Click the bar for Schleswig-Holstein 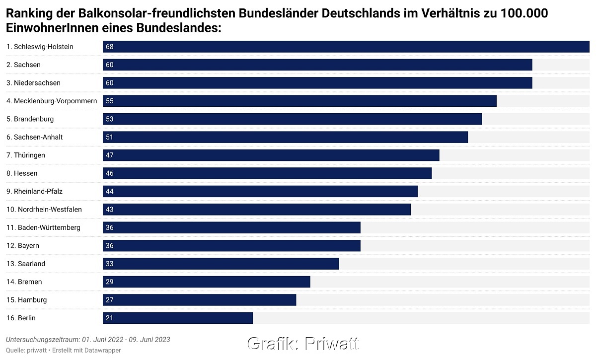[x=346, y=47]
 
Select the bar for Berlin [x=178, y=318]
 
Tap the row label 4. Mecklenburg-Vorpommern [x=52, y=101]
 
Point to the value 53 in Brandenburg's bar [x=110, y=119]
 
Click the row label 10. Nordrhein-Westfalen [x=44, y=210]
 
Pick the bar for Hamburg [x=199, y=300]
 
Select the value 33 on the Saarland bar [x=110, y=264]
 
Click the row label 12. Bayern [x=23, y=246]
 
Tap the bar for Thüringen [x=271, y=155]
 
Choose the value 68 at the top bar [x=110, y=47]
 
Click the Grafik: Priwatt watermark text [x=303, y=343]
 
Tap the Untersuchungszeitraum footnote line [x=88, y=340]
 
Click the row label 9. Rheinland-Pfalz [x=34, y=191]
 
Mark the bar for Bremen [x=206, y=282]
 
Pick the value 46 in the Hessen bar [x=110, y=173]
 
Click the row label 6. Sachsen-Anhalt [x=35, y=137]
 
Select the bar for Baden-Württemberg [x=231, y=227]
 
